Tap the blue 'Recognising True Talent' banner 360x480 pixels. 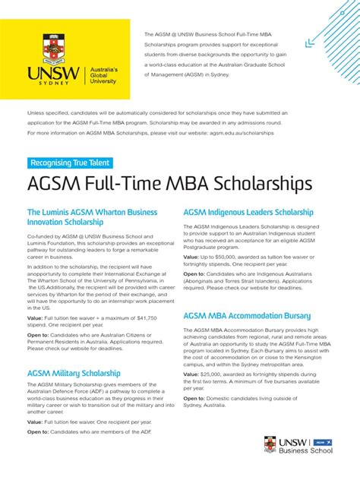click(71, 163)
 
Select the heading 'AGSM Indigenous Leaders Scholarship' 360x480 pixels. click(248, 212)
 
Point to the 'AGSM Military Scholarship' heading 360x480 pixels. click(74, 373)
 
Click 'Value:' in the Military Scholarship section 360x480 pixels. click(35, 421)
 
